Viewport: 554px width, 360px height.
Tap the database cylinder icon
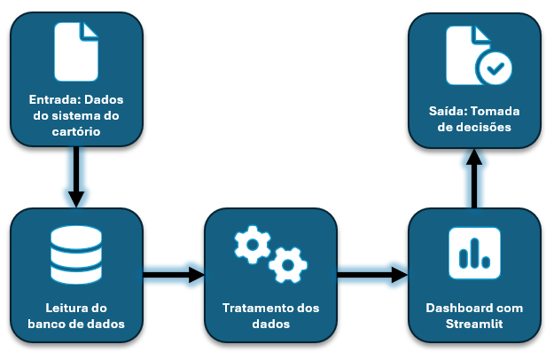[x=76, y=255]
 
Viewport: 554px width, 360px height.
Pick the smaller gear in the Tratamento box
[x=287, y=263]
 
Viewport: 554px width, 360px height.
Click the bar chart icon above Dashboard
[x=474, y=254]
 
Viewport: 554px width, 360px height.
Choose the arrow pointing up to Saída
[x=475, y=177]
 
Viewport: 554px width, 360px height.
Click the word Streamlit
[x=474, y=324]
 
